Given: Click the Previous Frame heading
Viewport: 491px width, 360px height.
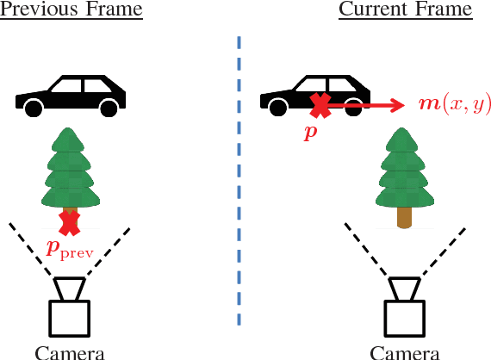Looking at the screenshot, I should coord(71,10).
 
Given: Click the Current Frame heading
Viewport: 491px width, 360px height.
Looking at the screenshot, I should coord(405,10).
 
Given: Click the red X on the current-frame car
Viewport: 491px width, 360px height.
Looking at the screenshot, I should coord(320,106).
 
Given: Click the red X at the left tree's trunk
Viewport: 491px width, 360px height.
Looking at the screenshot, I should coord(69,222).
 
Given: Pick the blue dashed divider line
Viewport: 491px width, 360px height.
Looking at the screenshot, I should coord(239,181).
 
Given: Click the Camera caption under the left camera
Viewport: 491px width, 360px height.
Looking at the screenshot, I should coord(70,352).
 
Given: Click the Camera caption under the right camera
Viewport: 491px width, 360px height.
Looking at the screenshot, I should coord(405,352).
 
